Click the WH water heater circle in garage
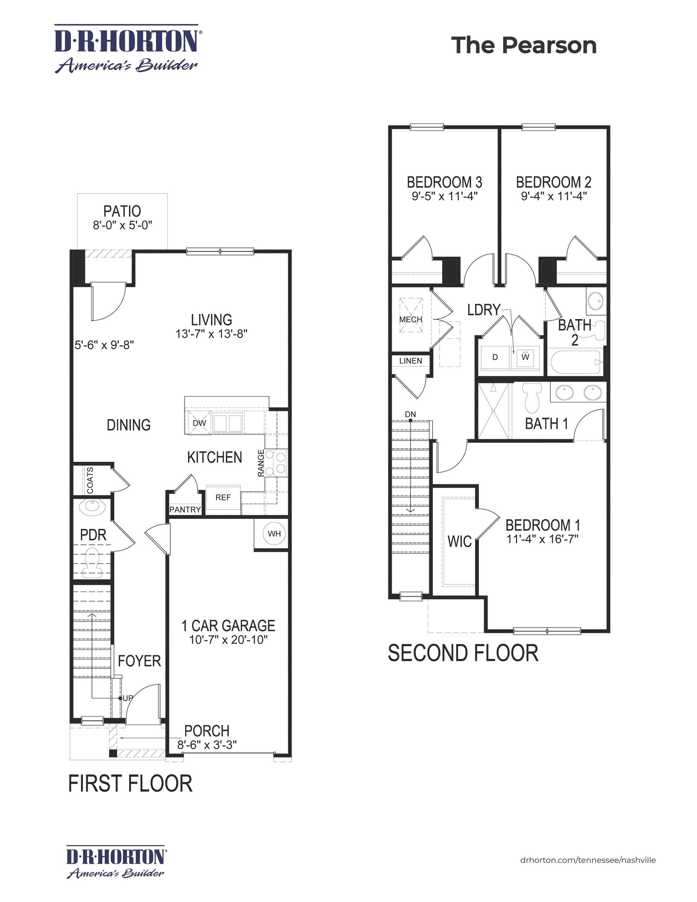click(x=274, y=534)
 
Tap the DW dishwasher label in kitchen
click(x=199, y=423)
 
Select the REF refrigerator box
click(x=223, y=498)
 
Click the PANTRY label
click(x=185, y=510)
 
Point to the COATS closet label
click(x=90, y=480)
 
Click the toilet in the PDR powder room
click(x=92, y=562)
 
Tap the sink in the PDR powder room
click(x=92, y=507)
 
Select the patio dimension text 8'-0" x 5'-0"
click(x=123, y=225)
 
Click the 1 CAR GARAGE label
click(x=228, y=626)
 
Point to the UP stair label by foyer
click(x=128, y=698)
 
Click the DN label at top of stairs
click(x=411, y=414)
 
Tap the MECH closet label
click(x=411, y=319)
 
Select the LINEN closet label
click(x=411, y=360)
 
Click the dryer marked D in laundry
click(x=495, y=357)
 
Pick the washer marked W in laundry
click(x=525, y=357)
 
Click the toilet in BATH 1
click(x=531, y=397)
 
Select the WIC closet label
click(x=459, y=541)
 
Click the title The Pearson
click(x=523, y=45)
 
